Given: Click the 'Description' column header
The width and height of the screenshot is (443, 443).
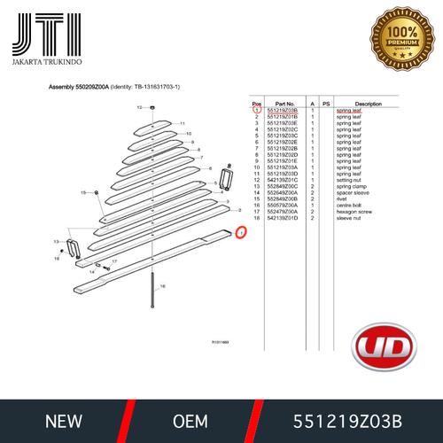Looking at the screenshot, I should pos(368,103).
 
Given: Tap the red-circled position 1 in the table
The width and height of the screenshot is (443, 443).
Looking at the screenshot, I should pos(256,110).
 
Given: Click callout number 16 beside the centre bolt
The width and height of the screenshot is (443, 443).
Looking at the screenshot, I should pos(174,286).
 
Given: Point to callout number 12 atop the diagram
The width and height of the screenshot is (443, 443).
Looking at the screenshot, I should pos(138,107).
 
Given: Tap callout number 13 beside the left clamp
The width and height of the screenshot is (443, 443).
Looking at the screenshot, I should pos(57,241).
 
